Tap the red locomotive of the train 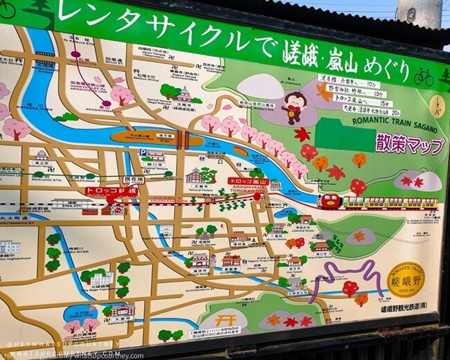(331, 201)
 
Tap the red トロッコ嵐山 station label (247, 181)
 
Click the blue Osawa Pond (80, 313)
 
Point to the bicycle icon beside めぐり (423, 77)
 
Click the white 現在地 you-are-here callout (132, 179)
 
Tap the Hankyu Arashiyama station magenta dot (105, 105)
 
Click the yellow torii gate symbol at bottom (220, 320)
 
